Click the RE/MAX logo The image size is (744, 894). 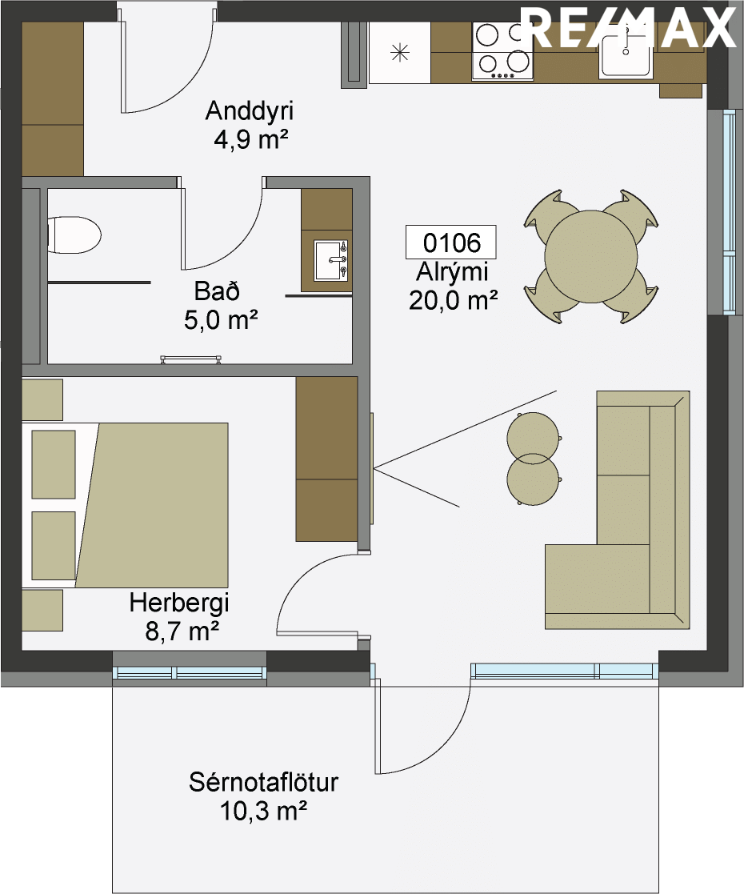(x=629, y=27)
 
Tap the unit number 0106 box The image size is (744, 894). (x=450, y=243)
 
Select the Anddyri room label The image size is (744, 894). (x=249, y=111)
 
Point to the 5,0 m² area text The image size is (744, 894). (x=221, y=320)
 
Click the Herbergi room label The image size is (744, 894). (x=179, y=603)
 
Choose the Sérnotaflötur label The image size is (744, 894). (x=263, y=782)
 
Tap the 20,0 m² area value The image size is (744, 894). (x=454, y=300)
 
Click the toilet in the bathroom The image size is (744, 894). (x=74, y=235)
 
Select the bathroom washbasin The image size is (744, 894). (x=330, y=261)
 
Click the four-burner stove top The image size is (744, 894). (x=502, y=51)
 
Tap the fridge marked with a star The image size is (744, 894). (x=400, y=53)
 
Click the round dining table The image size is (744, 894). (x=590, y=257)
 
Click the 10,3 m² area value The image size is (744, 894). (x=263, y=810)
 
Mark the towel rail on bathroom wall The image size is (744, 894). (x=190, y=359)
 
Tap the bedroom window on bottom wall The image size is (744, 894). (x=190, y=672)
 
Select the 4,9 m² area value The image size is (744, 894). (x=249, y=140)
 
